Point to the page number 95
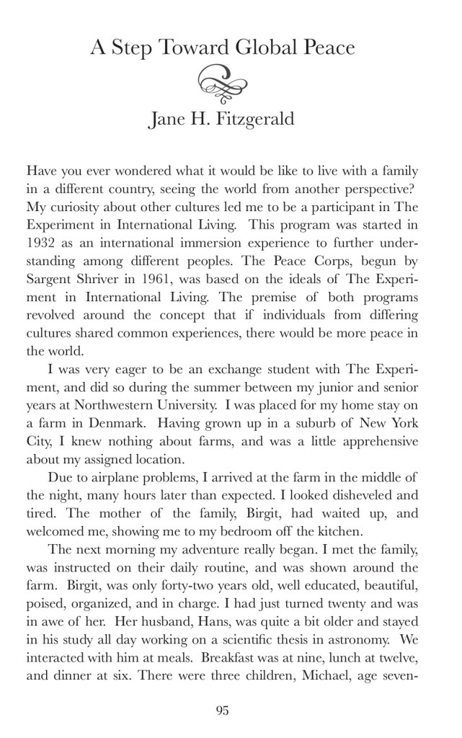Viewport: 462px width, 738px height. pos(222,710)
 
